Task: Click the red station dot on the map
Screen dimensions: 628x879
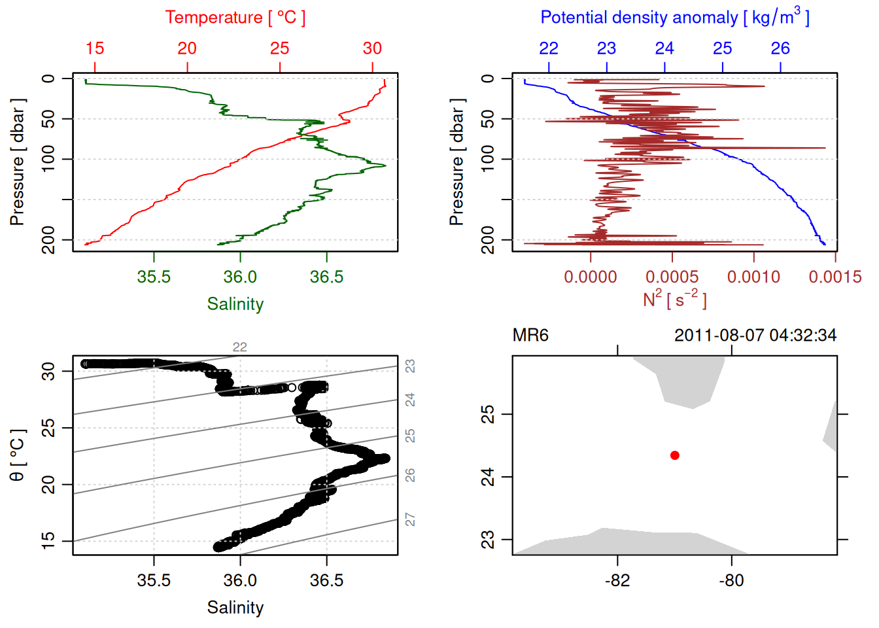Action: (x=674, y=455)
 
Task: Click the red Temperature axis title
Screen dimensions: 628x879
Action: (x=235, y=18)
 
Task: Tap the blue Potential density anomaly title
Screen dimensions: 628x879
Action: (x=674, y=17)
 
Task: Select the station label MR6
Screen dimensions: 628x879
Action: (x=530, y=336)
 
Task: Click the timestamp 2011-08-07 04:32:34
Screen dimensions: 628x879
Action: (x=755, y=336)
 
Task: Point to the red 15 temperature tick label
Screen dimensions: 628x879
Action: (x=95, y=48)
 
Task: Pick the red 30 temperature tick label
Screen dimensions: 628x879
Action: (x=372, y=48)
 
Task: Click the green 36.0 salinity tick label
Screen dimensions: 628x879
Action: (x=240, y=277)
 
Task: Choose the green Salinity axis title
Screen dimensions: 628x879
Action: (x=235, y=304)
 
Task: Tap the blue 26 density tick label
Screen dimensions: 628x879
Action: (x=780, y=48)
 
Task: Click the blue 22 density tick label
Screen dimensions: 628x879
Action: (x=549, y=48)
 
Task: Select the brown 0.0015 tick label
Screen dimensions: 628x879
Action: (x=835, y=277)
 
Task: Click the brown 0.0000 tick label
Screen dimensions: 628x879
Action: (x=591, y=277)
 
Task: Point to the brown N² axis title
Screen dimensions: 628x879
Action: (x=674, y=299)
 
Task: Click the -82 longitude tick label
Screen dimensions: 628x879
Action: (x=617, y=580)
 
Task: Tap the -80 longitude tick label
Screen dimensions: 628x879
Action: (x=731, y=580)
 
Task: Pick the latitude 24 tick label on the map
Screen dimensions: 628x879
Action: (x=488, y=477)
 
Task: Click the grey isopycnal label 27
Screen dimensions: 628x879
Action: (x=410, y=519)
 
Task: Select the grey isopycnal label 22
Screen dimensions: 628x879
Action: (x=240, y=347)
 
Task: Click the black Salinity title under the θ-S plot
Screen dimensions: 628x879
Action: (x=235, y=608)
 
